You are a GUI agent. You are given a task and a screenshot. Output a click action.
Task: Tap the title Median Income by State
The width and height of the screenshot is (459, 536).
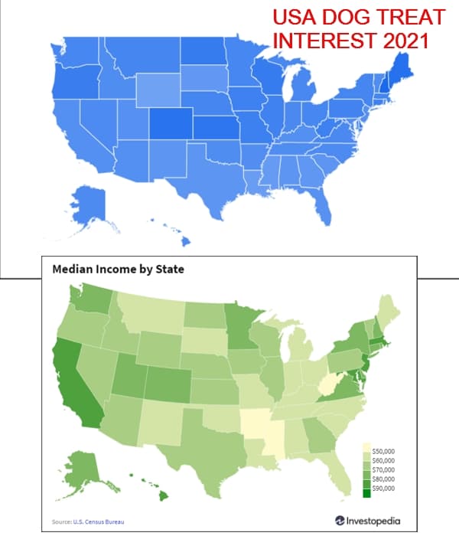(118, 270)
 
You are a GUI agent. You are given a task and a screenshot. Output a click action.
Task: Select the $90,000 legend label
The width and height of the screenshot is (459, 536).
(383, 488)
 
